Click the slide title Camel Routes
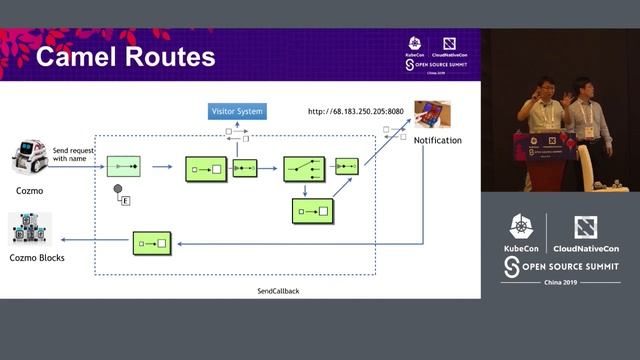click(125, 56)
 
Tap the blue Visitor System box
click(237, 111)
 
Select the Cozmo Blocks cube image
click(29, 229)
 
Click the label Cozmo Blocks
click(37, 258)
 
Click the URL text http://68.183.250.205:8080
click(355, 111)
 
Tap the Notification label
click(437, 141)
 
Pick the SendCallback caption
click(278, 291)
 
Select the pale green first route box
click(124, 166)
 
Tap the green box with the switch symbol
click(304, 168)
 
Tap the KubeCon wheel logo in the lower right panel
click(521, 228)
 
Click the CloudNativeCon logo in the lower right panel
click(586, 228)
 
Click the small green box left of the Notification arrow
click(347, 166)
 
